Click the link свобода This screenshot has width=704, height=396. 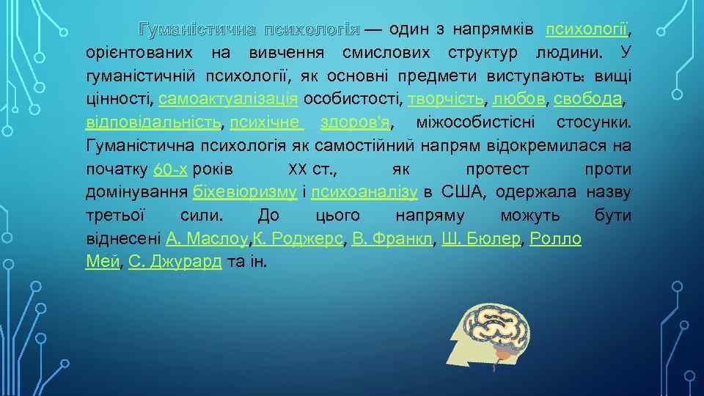tap(588, 99)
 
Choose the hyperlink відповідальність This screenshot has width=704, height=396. tap(153, 122)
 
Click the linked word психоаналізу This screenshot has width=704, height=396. tap(364, 192)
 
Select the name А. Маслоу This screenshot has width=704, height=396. tap(208, 239)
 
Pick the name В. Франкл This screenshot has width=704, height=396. tap(392, 239)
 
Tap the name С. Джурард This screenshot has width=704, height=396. tap(175, 263)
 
